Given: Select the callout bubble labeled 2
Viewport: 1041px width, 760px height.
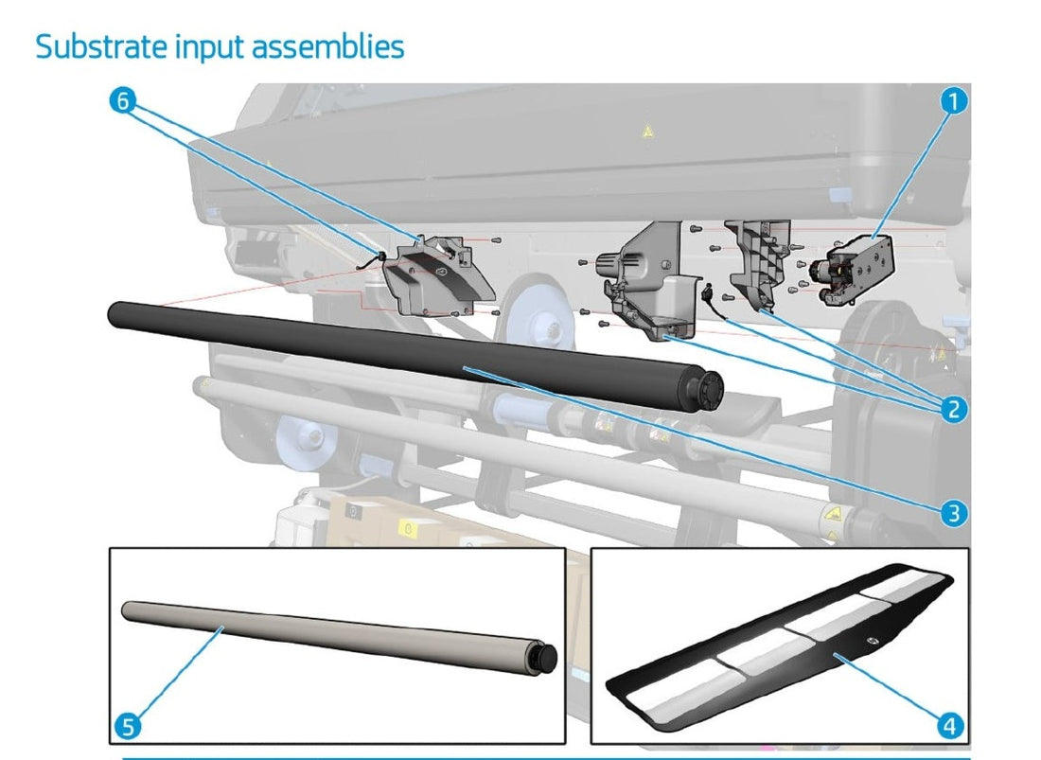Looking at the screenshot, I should click(954, 409).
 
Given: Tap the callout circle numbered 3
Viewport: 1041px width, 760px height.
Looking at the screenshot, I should click(954, 513).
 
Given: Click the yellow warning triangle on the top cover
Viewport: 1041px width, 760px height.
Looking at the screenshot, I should click(646, 133).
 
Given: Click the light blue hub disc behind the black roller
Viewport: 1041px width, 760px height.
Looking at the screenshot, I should click(535, 316).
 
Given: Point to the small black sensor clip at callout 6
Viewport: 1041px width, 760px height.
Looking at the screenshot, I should click(375, 257).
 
